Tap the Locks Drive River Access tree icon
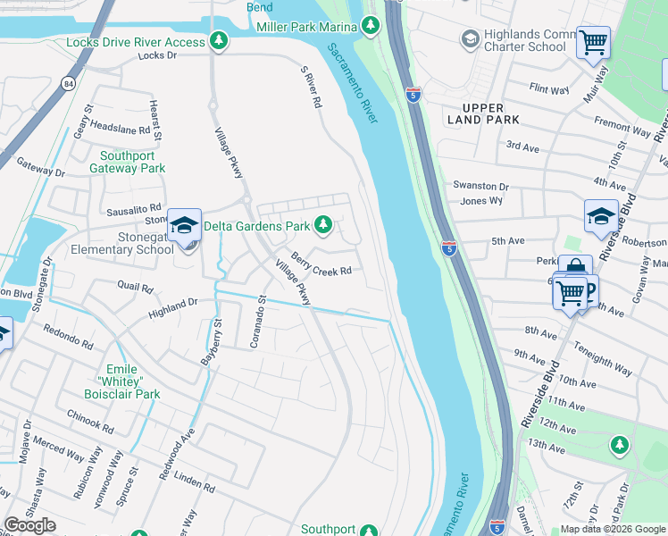click(x=219, y=41)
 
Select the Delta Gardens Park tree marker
click(x=325, y=226)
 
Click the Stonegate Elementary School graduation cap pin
click(x=184, y=224)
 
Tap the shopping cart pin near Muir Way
click(x=593, y=41)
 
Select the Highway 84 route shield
click(x=68, y=83)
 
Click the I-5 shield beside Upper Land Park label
click(x=413, y=94)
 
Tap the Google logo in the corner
click(x=29, y=525)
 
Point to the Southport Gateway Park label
click(x=132, y=161)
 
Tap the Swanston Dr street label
click(x=480, y=186)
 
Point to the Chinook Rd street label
click(x=90, y=421)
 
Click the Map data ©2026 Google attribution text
click(x=612, y=529)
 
